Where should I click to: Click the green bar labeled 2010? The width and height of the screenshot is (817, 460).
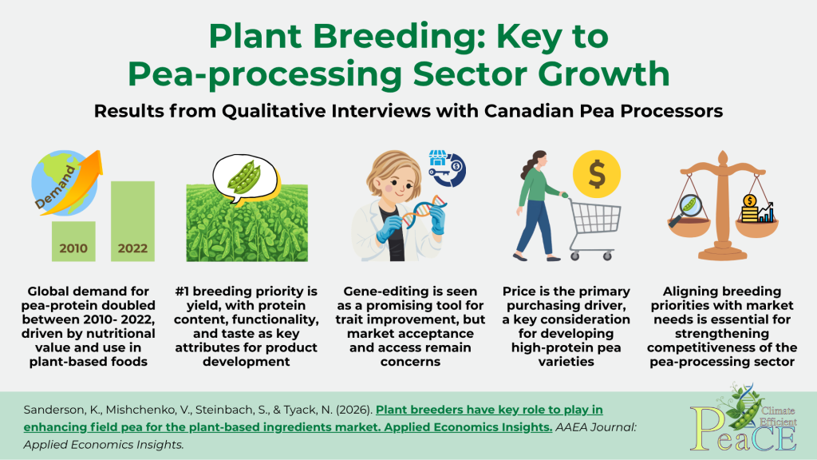coord(73,241)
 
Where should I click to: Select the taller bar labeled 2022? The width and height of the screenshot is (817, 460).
coord(132,221)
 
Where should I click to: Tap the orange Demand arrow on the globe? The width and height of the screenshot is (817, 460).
coord(73,183)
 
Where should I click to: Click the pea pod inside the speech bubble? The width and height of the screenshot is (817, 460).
coord(244,176)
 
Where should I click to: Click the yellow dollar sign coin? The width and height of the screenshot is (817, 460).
coord(597,173)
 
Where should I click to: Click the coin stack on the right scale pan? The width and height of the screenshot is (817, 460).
coord(750,208)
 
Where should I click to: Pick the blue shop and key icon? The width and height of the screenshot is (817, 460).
coord(447,168)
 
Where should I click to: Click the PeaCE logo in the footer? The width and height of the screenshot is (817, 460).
coord(744,420)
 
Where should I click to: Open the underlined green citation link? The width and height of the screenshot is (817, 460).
coord(313,418)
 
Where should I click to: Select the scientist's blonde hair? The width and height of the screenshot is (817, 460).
coord(393,167)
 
